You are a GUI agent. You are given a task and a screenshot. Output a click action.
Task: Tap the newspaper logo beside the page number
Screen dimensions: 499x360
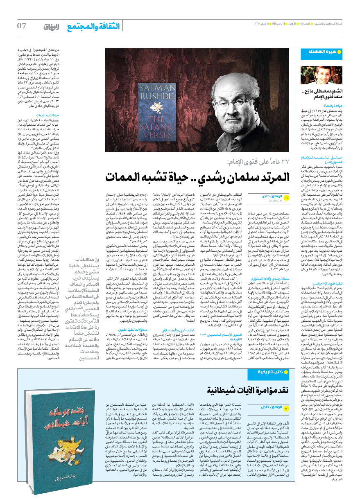tap(52, 27)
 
